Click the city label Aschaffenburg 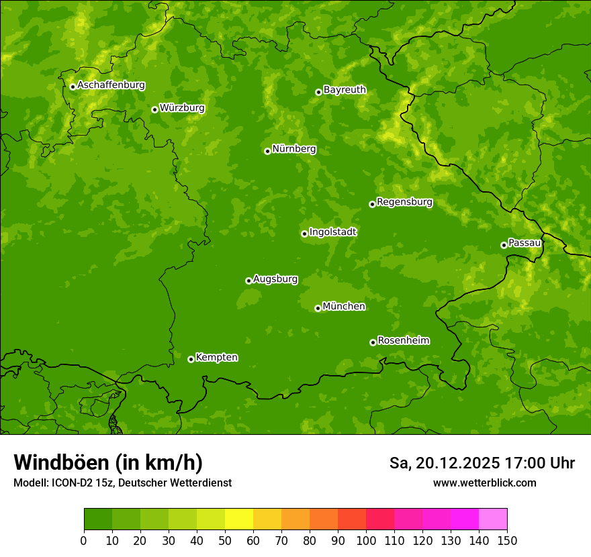(111, 85)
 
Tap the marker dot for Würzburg (154, 109)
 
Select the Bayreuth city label (345, 89)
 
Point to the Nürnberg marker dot (267, 151)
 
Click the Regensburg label (404, 201)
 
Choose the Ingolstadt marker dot (304, 234)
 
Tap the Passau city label (525, 242)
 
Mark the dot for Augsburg (248, 281)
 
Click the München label (344, 306)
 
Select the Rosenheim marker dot (373, 342)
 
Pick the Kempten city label (216, 357)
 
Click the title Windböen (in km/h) (108, 462)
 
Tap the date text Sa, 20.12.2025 (445, 463)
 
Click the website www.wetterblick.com (484, 483)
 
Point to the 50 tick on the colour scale (225, 540)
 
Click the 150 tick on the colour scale (507, 540)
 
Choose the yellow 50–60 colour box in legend (239, 519)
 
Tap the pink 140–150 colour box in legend (493, 519)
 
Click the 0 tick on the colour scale (84, 540)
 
